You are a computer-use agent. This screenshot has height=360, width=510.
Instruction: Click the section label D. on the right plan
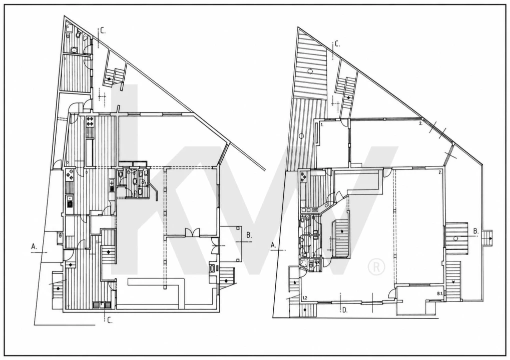(x=345, y=310)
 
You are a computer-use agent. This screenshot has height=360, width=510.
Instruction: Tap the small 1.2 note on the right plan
(x=305, y=297)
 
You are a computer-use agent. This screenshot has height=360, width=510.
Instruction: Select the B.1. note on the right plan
(x=440, y=293)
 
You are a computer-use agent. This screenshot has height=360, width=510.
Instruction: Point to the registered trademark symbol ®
(x=376, y=267)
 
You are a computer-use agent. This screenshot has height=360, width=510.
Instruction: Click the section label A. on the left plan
(x=34, y=246)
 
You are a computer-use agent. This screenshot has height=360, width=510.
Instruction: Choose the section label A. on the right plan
(x=274, y=245)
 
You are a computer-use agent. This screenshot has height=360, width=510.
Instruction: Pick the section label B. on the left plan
(x=249, y=235)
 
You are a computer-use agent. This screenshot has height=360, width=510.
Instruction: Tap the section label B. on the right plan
(x=476, y=231)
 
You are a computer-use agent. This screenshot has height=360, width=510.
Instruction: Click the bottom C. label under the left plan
(x=110, y=320)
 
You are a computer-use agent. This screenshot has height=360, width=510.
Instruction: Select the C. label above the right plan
(x=337, y=44)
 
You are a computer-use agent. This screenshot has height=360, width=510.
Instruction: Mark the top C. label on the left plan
(x=103, y=31)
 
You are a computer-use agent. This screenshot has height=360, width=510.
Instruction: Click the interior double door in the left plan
(x=192, y=232)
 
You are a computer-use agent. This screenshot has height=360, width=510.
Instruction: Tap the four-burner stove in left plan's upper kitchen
(x=90, y=121)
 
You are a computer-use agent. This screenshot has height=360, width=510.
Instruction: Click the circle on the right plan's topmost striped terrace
(x=310, y=70)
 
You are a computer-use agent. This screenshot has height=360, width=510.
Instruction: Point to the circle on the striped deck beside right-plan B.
(x=455, y=238)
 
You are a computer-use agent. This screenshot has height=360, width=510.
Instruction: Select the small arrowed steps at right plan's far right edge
(x=487, y=238)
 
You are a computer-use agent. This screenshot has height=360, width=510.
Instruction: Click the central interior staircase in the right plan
(x=340, y=239)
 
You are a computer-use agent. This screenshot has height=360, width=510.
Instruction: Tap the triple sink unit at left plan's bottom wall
(x=102, y=305)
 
